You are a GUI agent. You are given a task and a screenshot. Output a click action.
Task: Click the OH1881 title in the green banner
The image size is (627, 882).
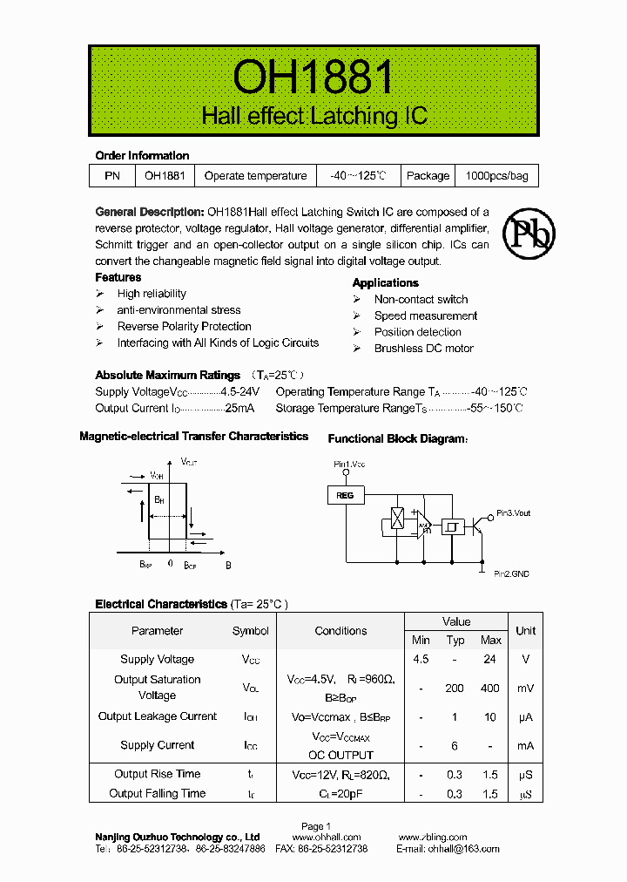click(x=313, y=78)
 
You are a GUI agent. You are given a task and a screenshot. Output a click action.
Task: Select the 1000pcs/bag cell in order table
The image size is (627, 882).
click(x=496, y=175)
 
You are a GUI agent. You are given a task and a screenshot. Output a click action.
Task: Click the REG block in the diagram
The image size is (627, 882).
click(x=347, y=495)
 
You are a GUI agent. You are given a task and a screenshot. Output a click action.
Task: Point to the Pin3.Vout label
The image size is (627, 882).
click(x=513, y=513)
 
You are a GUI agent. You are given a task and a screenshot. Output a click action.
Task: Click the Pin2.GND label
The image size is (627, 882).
click(x=511, y=573)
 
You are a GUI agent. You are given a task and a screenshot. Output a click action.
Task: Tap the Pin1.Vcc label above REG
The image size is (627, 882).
click(x=349, y=465)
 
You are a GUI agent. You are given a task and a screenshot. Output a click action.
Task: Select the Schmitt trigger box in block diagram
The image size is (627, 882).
click(x=452, y=526)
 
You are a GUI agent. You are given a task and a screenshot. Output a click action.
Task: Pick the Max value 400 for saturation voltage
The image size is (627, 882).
click(x=489, y=688)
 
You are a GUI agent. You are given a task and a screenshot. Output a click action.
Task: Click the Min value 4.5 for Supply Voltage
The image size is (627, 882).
click(x=421, y=660)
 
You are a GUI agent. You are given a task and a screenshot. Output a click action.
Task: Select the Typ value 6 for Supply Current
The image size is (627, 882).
click(x=455, y=745)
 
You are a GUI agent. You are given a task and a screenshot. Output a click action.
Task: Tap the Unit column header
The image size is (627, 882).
click(x=525, y=630)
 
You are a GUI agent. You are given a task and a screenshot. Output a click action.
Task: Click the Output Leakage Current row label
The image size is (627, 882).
click(x=158, y=716)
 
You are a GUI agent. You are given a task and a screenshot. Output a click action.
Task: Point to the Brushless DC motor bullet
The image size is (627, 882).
click(x=423, y=349)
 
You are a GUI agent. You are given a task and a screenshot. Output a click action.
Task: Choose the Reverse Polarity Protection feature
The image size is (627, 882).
click(x=184, y=327)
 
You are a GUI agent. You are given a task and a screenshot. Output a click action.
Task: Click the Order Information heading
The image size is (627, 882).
click(x=142, y=156)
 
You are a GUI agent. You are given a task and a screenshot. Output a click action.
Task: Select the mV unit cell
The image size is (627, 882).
click(x=525, y=688)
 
